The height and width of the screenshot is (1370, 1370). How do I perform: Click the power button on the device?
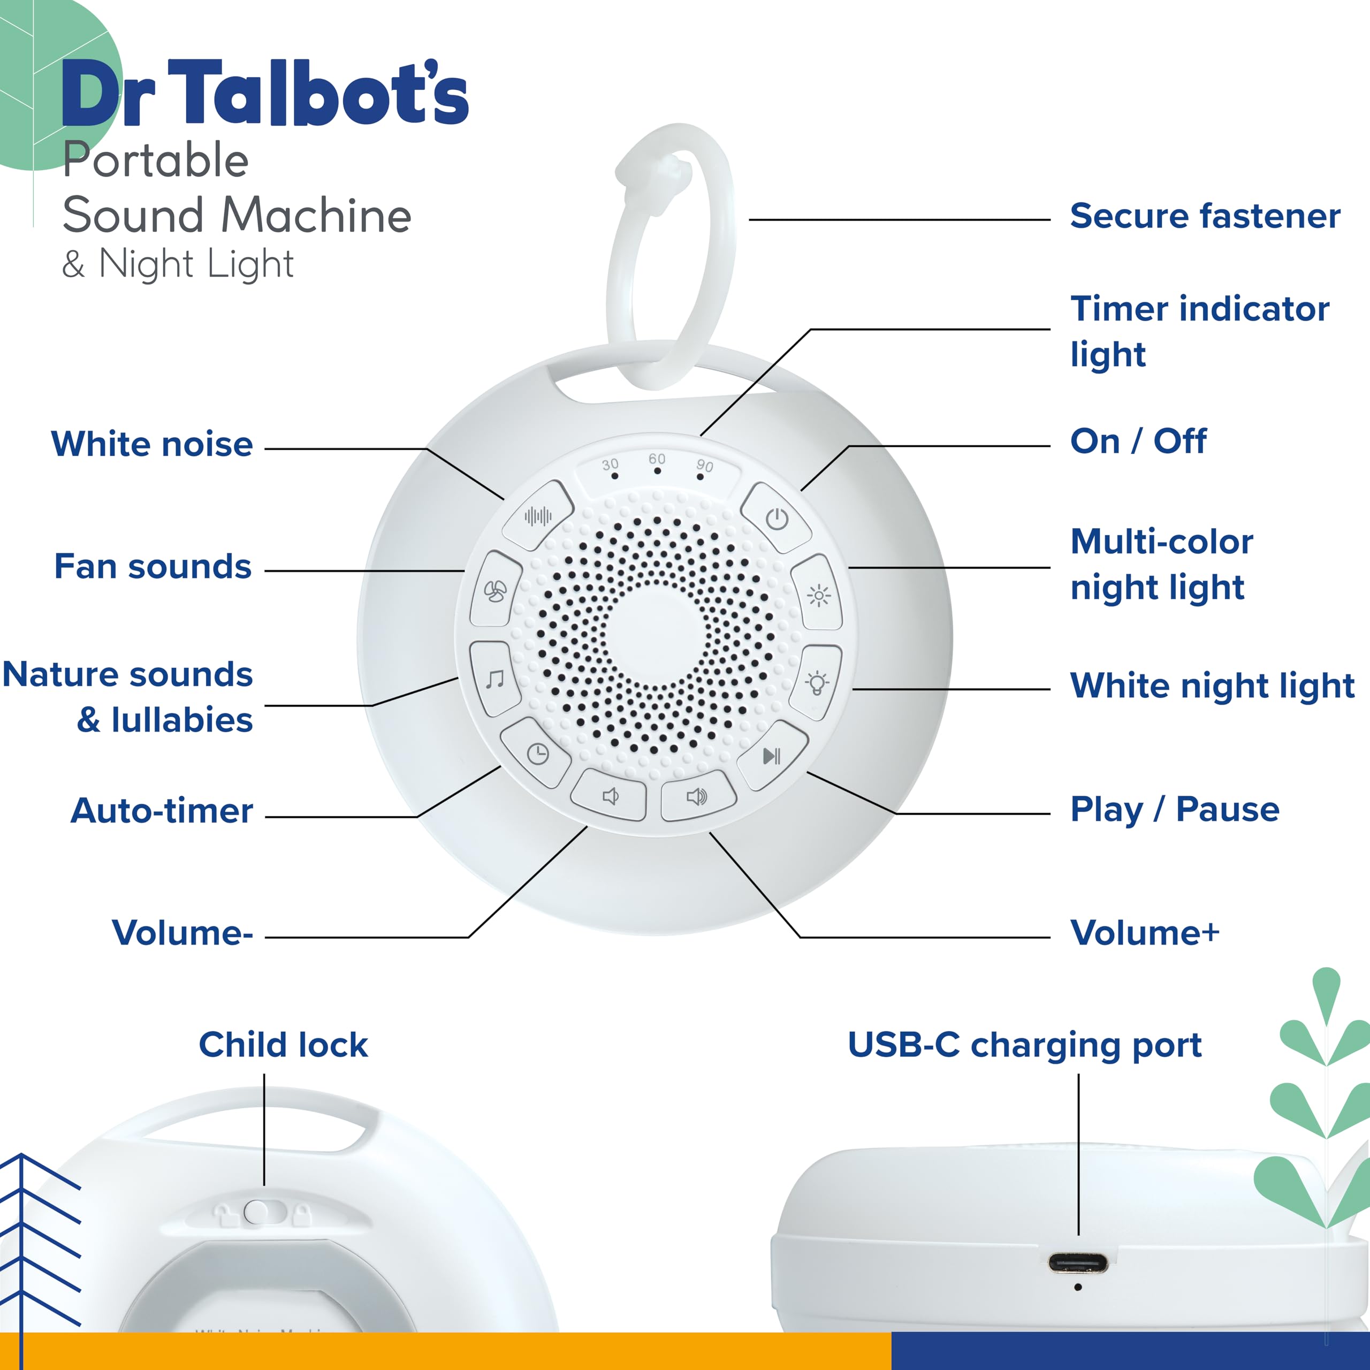777,519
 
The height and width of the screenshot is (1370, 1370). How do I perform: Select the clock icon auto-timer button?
537,753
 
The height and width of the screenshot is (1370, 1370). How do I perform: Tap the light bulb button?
817,682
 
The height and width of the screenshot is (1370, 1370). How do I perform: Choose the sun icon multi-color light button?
818,595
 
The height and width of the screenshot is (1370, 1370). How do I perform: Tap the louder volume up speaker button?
697,796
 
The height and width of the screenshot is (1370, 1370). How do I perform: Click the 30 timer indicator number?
610,465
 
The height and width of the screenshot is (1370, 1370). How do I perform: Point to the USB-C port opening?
1078,1263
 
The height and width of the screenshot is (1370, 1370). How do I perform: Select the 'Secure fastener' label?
1205,216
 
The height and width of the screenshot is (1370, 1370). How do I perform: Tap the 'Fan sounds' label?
153,567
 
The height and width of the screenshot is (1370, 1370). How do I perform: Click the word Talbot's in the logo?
318,94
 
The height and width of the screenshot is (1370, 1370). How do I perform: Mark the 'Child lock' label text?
283,1045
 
